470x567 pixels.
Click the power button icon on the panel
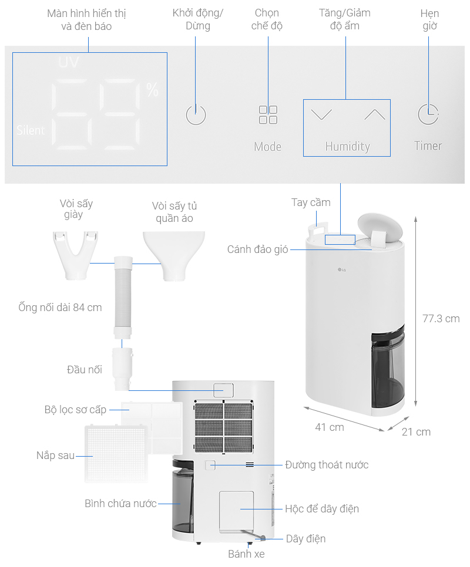pos(196,115)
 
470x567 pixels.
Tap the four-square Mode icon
pos(268,115)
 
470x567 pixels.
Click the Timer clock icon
pos(428,114)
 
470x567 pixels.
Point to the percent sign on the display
pos(152,90)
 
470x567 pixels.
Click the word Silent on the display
pos(31,130)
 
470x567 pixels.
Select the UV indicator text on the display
pos(69,62)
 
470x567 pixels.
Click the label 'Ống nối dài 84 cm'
pos(60,308)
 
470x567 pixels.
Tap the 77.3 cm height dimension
pos(441,319)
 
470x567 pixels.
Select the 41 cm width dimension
pos(330,427)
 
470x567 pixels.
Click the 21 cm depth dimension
pos(416,432)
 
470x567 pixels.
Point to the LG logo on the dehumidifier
pos(342,270)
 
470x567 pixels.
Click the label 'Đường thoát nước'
pos(327,465)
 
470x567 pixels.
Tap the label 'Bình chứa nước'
pos(120,504)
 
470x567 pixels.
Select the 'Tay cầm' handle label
pos(311,203)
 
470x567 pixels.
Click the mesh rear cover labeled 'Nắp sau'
pos(115,454)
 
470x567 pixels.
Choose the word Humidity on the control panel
pos(347,147)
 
